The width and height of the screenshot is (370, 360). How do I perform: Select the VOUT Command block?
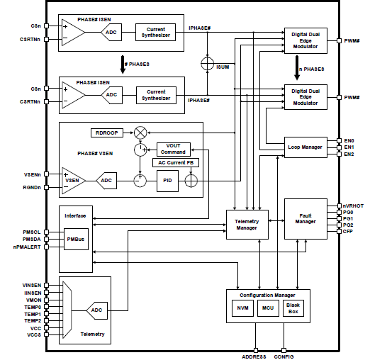click(174, 150)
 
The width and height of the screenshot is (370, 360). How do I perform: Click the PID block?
click(168, 181)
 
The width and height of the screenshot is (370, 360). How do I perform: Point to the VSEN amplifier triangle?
click(73, 181)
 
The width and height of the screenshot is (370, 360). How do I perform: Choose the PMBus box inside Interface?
click(74, 240)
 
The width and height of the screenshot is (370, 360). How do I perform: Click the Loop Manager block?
click(305, 147)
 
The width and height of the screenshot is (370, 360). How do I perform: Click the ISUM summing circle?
click(207, 63)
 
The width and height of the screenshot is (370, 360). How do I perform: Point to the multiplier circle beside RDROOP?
click(140, 133)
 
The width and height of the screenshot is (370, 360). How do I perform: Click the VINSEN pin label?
click(31, 285)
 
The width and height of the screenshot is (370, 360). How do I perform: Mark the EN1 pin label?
click(349, 147)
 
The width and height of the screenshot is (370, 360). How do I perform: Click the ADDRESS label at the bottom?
click(254, 356)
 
